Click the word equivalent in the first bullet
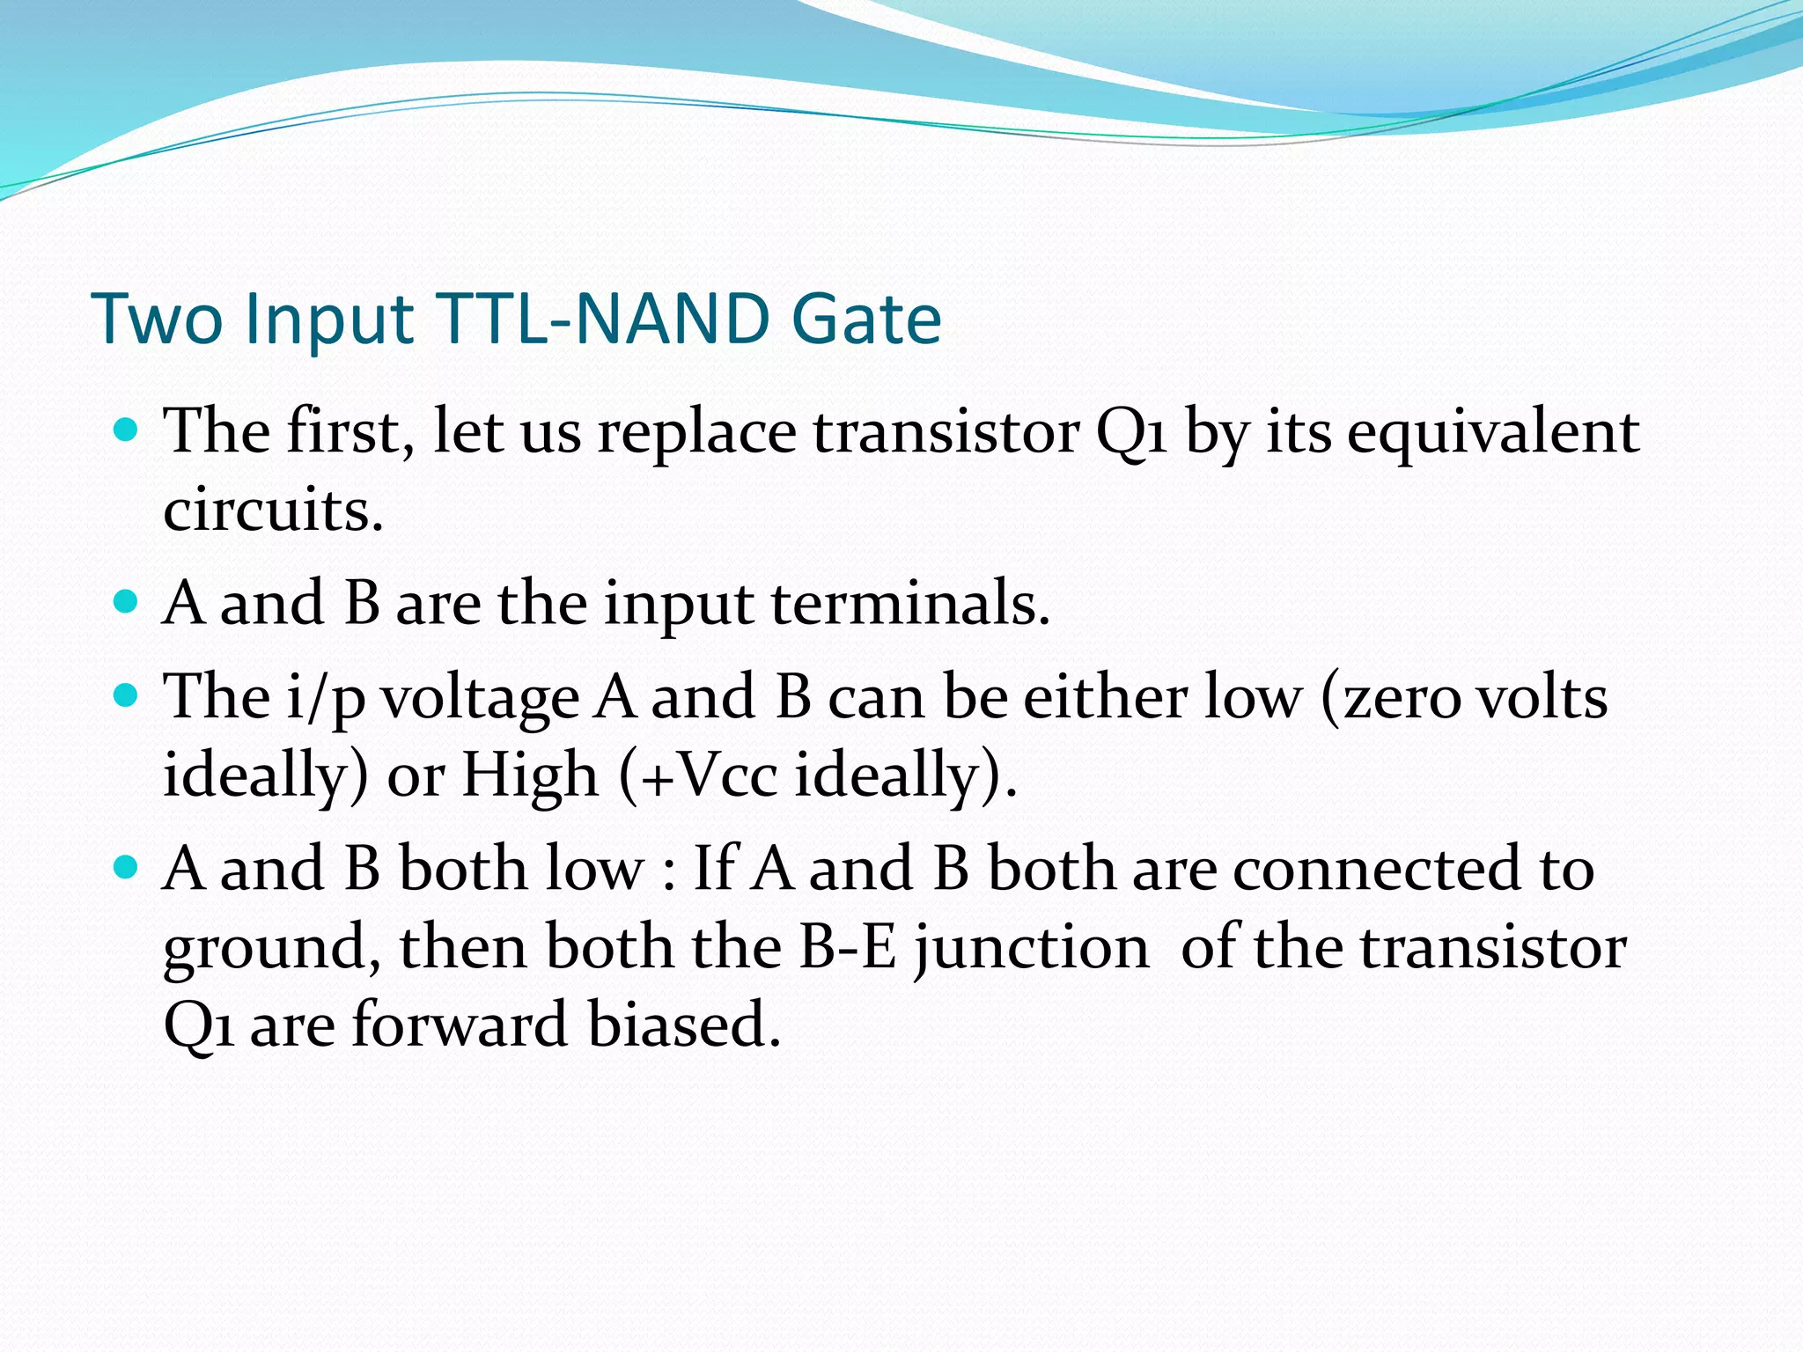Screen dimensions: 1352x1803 pyautogui.click(x=1492, y=434)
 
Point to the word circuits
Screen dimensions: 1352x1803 pyautogui.click(x=273, y=510)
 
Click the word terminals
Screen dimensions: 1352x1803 pyautogui.click(x=910, y=605)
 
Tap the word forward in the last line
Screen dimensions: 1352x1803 pyautogui.click(x=460, y=1025)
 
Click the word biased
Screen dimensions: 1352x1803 pyautogui.click(x=684, y=1025)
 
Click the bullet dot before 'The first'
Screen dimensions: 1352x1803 pyautogui.click(x=127, y=430)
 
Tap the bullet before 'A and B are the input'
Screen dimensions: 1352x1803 pyautogui.click(x=127, y=602)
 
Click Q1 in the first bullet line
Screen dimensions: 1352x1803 pyautogui.click(x=1131, y=434)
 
